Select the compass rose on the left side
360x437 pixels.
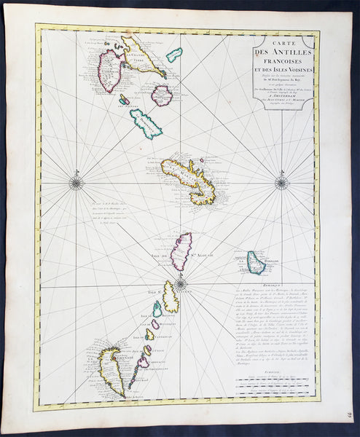coord(75,182)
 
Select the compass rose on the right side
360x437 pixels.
coord(281,182)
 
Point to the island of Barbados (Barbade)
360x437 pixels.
coord(256,263)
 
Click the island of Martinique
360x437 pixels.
coord(187,177)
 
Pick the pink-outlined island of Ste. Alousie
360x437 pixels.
coord(180,251)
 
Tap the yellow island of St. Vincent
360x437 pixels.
coord(171,297)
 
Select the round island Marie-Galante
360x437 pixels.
coord(161,95)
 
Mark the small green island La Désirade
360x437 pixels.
coord(174,55)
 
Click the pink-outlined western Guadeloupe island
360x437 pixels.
coord(111,70)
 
